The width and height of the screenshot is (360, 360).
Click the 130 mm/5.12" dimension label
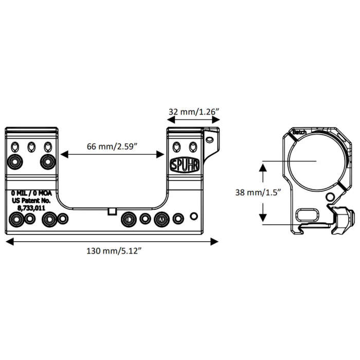(114, 251)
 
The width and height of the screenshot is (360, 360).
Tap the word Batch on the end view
(299, 133)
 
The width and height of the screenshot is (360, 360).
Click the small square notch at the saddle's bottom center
(112, 211)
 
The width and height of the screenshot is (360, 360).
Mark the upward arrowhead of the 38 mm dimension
(263, 167)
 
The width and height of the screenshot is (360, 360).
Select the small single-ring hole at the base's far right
(194, 215)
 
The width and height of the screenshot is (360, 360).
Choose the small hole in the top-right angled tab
(209, 139)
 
